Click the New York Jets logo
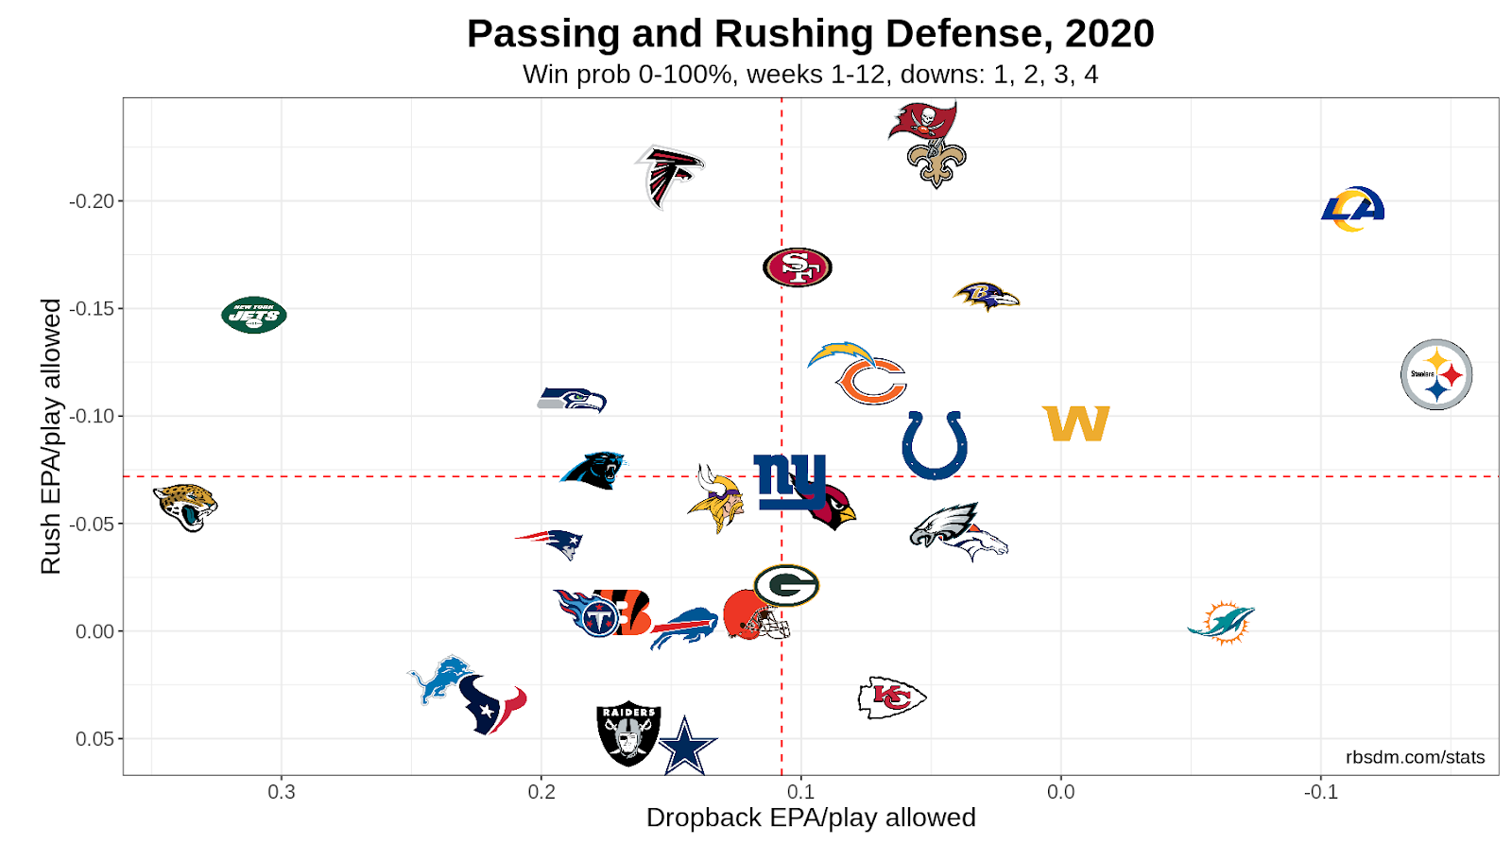pos(253,315)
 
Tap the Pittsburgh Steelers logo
pos(1435,374)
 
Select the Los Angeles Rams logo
pos(1352,209)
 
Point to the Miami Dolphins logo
pos(1222,622)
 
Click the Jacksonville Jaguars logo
pos(185,507)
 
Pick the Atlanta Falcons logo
pos(668,176)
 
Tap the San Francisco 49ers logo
pos(798,267)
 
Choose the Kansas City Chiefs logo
pos(891,698)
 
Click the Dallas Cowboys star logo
pos(687,747)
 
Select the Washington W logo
pos(1075,423)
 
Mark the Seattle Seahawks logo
pos(572,400)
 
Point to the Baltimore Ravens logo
pos(986,297)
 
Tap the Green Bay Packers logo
pos(786,585)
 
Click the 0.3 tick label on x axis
pos(282,792)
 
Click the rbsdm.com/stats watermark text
pos(1415,757)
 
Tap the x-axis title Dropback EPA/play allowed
pos(810,818)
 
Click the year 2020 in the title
pos(1109,34)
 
